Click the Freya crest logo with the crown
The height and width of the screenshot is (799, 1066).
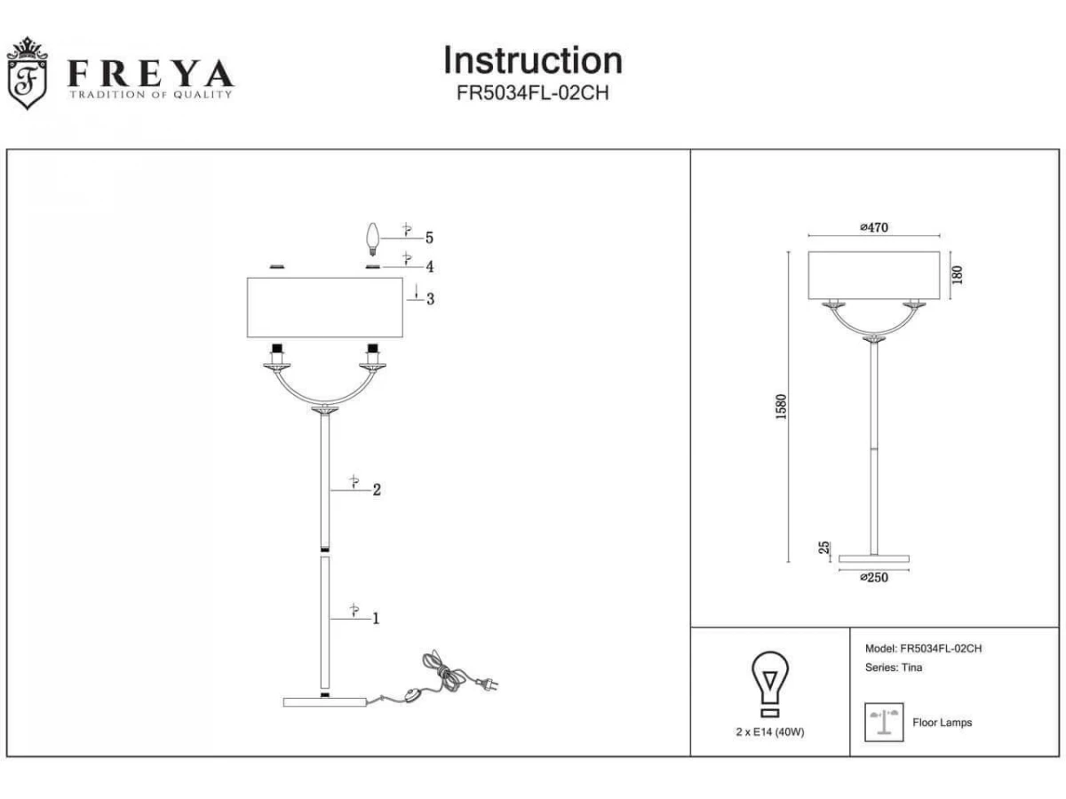pyautogui.click(x=28, y=73)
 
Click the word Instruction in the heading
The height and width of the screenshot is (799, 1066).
pyautogui.click(x=533, y=60)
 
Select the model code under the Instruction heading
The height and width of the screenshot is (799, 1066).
pyautogui.click(x=533, y=92)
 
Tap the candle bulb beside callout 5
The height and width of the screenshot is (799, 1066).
pyautogui.click(x=372, y=240)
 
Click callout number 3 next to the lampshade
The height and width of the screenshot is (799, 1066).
pyautogui.click(x=430, y=299)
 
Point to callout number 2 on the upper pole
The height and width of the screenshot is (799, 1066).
pyautogui.click(x=377, y=490)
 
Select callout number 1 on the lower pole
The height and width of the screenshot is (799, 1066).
pyautogui.click(x=376, y=619)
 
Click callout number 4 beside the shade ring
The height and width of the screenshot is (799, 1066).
pyautogui.click(x=430, y=267)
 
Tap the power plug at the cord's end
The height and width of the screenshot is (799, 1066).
pyautogui.click(x=487, y=684)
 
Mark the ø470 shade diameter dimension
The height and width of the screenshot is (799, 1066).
pyautogui.click(x=874, y=227)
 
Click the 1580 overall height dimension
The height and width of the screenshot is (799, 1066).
pyautogui.click(x=781, y=407)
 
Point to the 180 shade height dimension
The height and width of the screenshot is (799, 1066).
pyautogui.click(x=958, y=275)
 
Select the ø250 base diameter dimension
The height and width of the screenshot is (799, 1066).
pyautogui.click(x=874, y=577)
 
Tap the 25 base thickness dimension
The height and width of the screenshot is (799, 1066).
pyautogui.click(x=824, y=547)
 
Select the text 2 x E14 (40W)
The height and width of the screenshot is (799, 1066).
pyautogui.click(x=770, y=732)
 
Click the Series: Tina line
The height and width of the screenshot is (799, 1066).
pyautogui.click(x=894, y=668)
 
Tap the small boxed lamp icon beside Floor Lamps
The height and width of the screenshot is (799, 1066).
pyautogui.click(x=884, y=723)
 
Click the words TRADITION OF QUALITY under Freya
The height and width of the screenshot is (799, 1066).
pyautogui.click(x=150, y=95)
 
